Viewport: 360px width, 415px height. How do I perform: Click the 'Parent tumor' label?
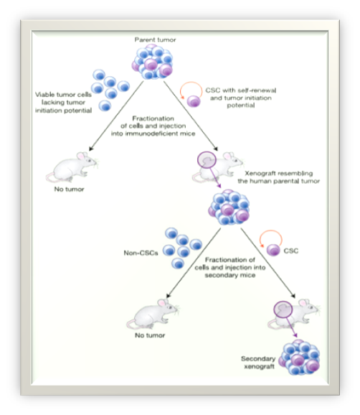pyautogui.click(x=155, y=39)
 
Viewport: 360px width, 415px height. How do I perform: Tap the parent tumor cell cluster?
pyautogui.click(x=153, y=62)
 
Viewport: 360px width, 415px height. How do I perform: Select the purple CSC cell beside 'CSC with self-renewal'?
pyautogui.click(x=194, y=101)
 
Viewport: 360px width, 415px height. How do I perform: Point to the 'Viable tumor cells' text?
pyautogui.click(x=63, y=95)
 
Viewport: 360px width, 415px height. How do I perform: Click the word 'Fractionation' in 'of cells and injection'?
pyautogui.click(x=153, y=118)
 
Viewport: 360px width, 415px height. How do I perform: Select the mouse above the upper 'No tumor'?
pyautogui.click(x=72, y=167)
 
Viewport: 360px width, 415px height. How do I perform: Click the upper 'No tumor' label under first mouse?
pyautogui.click(x=70, y=190)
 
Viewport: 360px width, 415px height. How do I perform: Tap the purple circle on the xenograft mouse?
pyautogui.click(x=207, y=160)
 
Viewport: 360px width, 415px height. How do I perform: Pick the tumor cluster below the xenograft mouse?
pyautogui.click(x=229, y=207)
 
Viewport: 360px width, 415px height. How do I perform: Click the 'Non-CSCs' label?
pyautogui.click(x=141, y=253)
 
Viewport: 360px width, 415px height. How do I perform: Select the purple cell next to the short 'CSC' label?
pyautogui.click(x=273, y=250)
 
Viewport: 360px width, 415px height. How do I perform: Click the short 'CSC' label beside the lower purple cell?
pyautogui.click(x=291, y=251)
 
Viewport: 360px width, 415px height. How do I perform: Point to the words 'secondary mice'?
pyautogui.click(x=230, y=275)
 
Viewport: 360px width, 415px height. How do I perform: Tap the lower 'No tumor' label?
pyautogui.click(x=150, y=335)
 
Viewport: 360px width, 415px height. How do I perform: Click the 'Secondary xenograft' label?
pyautogui.click(x=258, y=363)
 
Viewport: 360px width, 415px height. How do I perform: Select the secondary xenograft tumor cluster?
pyautogui.click(x=300, y=358)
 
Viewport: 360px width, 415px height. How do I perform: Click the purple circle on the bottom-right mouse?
pyautogui.click(x=283, y=309)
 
